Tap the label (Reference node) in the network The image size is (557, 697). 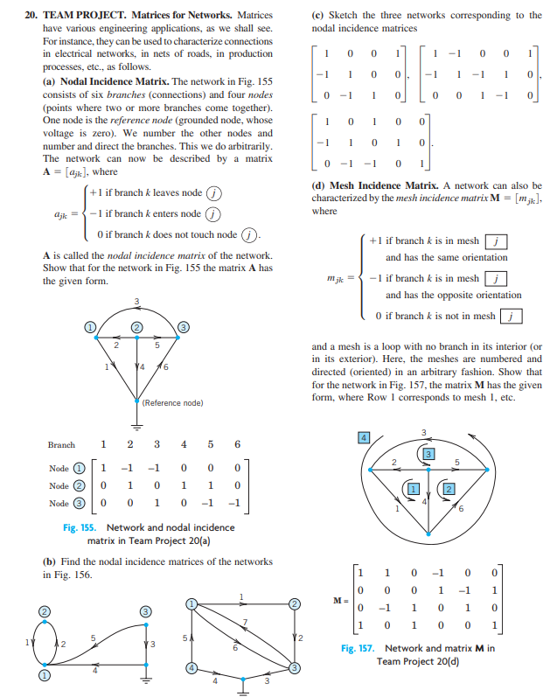[173, 402]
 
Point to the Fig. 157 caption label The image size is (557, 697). [359, 648]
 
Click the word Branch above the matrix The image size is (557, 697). [61, 444]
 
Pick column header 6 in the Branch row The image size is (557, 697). [237, 444]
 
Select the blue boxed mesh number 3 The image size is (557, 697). [429, 452]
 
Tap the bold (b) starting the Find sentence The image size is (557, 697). [49, 561]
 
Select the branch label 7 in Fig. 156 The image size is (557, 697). [246, 622]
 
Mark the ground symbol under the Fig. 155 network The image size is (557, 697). [136, 427]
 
